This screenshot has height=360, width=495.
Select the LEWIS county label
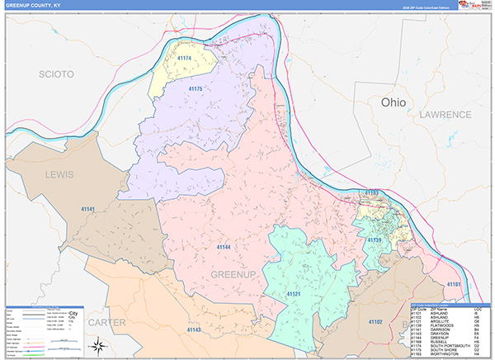pos(59,175)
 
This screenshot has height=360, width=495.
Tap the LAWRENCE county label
pos(445,115)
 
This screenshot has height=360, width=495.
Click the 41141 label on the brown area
pos(88,210)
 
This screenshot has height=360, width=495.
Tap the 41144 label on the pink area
pos(224,246)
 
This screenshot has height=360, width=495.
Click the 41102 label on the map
pos(375,320)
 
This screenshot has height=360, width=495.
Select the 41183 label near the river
pos(370,193)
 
